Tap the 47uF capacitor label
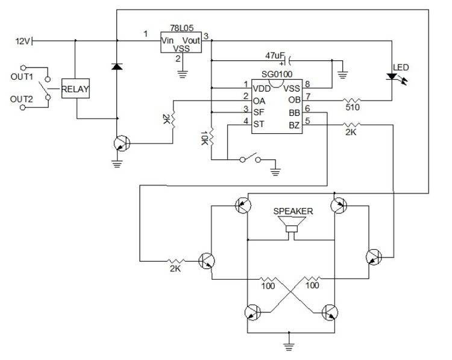point(275,55)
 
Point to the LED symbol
point(392,77)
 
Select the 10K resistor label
point(204,139)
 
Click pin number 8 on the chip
point(307,84)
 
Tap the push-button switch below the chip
point(250,159)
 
